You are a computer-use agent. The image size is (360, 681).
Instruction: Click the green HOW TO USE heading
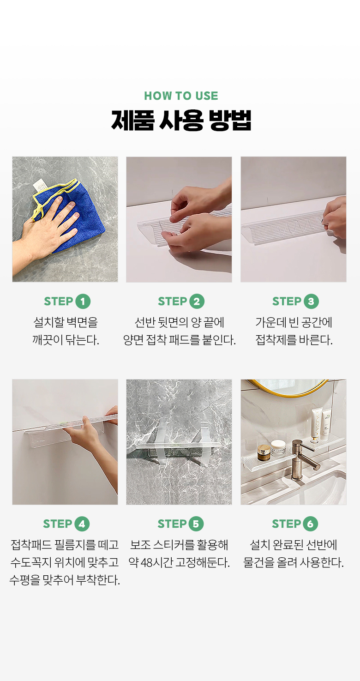pos(181,96)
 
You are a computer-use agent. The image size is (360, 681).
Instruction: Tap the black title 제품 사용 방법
pos(181,121)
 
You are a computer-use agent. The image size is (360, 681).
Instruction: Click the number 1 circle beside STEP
pos(83,301)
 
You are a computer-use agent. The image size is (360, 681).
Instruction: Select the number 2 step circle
pos(197,301)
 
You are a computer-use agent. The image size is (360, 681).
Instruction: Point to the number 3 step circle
pos(311,301)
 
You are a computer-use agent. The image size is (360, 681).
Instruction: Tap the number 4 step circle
pos(82,524)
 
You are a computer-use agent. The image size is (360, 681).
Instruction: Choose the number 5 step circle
pos(196,524)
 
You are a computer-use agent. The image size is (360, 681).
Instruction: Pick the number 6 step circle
pos(310,524)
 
